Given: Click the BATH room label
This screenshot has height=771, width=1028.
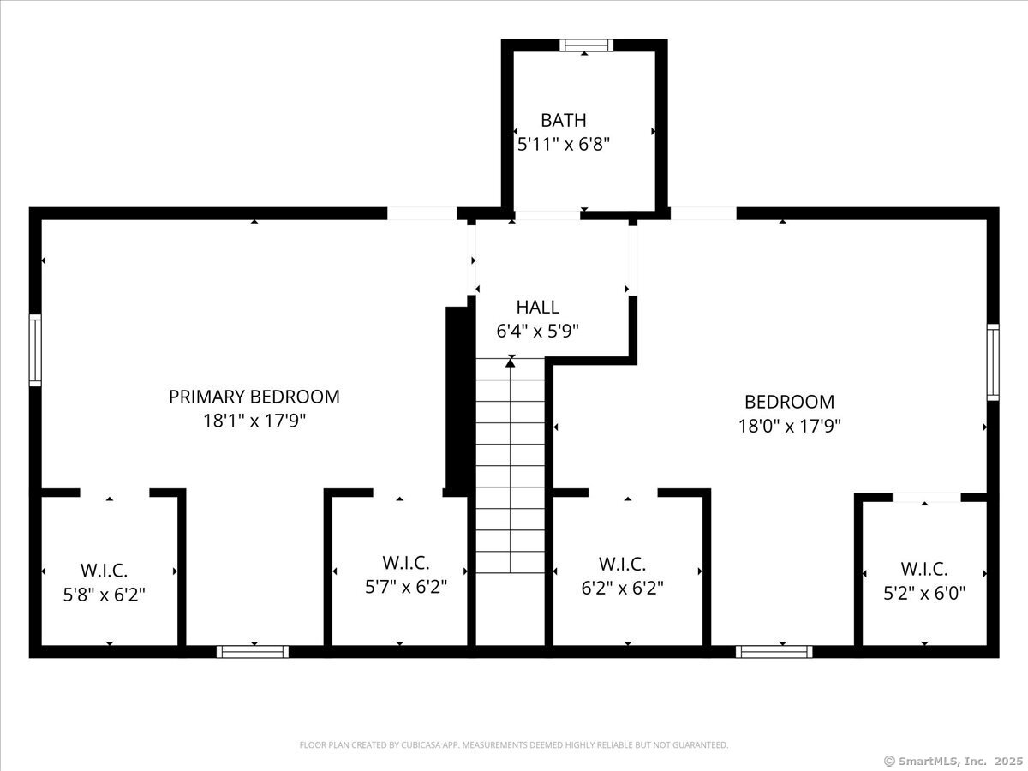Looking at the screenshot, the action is pyautogui.click(x=563, y=120).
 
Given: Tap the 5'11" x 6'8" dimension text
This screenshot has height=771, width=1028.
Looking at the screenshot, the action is pyautogui.click(x=563, y=144).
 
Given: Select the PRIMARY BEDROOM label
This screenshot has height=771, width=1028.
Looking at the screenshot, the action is pyautogui.click(x=254, y=397).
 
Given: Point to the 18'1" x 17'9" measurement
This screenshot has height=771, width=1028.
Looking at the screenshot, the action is pyautogui.click(x=254, y=421).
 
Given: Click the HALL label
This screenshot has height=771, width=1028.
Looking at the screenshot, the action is pyautogui.click(x=537, y=307).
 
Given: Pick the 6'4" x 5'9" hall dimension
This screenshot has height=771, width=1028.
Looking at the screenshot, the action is pyautogui.click(x=537, y=332).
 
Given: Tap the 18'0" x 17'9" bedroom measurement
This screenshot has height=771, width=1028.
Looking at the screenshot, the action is pyautogui.click(x=789, y=426).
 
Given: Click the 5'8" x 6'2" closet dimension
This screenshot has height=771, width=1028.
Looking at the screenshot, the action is pyautogui.click(x=104, y=595).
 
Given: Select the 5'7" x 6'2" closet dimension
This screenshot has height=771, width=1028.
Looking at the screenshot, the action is pyautogui.click(x=405, y=587).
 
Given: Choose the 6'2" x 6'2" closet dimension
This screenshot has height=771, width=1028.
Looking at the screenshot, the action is pyautogui.click(x=622, y=588).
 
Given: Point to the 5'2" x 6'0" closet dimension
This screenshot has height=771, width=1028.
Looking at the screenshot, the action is pyautogui.click(x=924, y=594).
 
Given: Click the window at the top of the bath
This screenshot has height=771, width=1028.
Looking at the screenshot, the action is pyautogui.click(x=586, y=45).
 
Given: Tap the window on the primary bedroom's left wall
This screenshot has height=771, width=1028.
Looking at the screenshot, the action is pyautogui.click(x=35, y=350).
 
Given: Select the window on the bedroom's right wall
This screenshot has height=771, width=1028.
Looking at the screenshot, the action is pyautogui.click(x=993, y=362).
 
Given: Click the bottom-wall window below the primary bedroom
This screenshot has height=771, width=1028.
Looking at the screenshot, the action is pyautogui.click(x=253, y=652).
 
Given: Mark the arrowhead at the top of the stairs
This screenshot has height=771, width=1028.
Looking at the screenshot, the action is pyautogui.click(x=511, y=362).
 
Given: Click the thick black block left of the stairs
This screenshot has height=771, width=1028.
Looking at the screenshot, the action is pyautogui.click(x=457, y=402).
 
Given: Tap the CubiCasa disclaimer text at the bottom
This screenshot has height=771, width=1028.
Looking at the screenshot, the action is pyautogui.click(x=514, y=744).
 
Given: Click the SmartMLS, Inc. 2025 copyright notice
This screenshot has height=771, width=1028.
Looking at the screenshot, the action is pyautogui.click(x=953, y=762).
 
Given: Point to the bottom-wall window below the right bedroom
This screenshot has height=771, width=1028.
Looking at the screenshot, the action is pyautogui.click(x=774, y=652).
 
